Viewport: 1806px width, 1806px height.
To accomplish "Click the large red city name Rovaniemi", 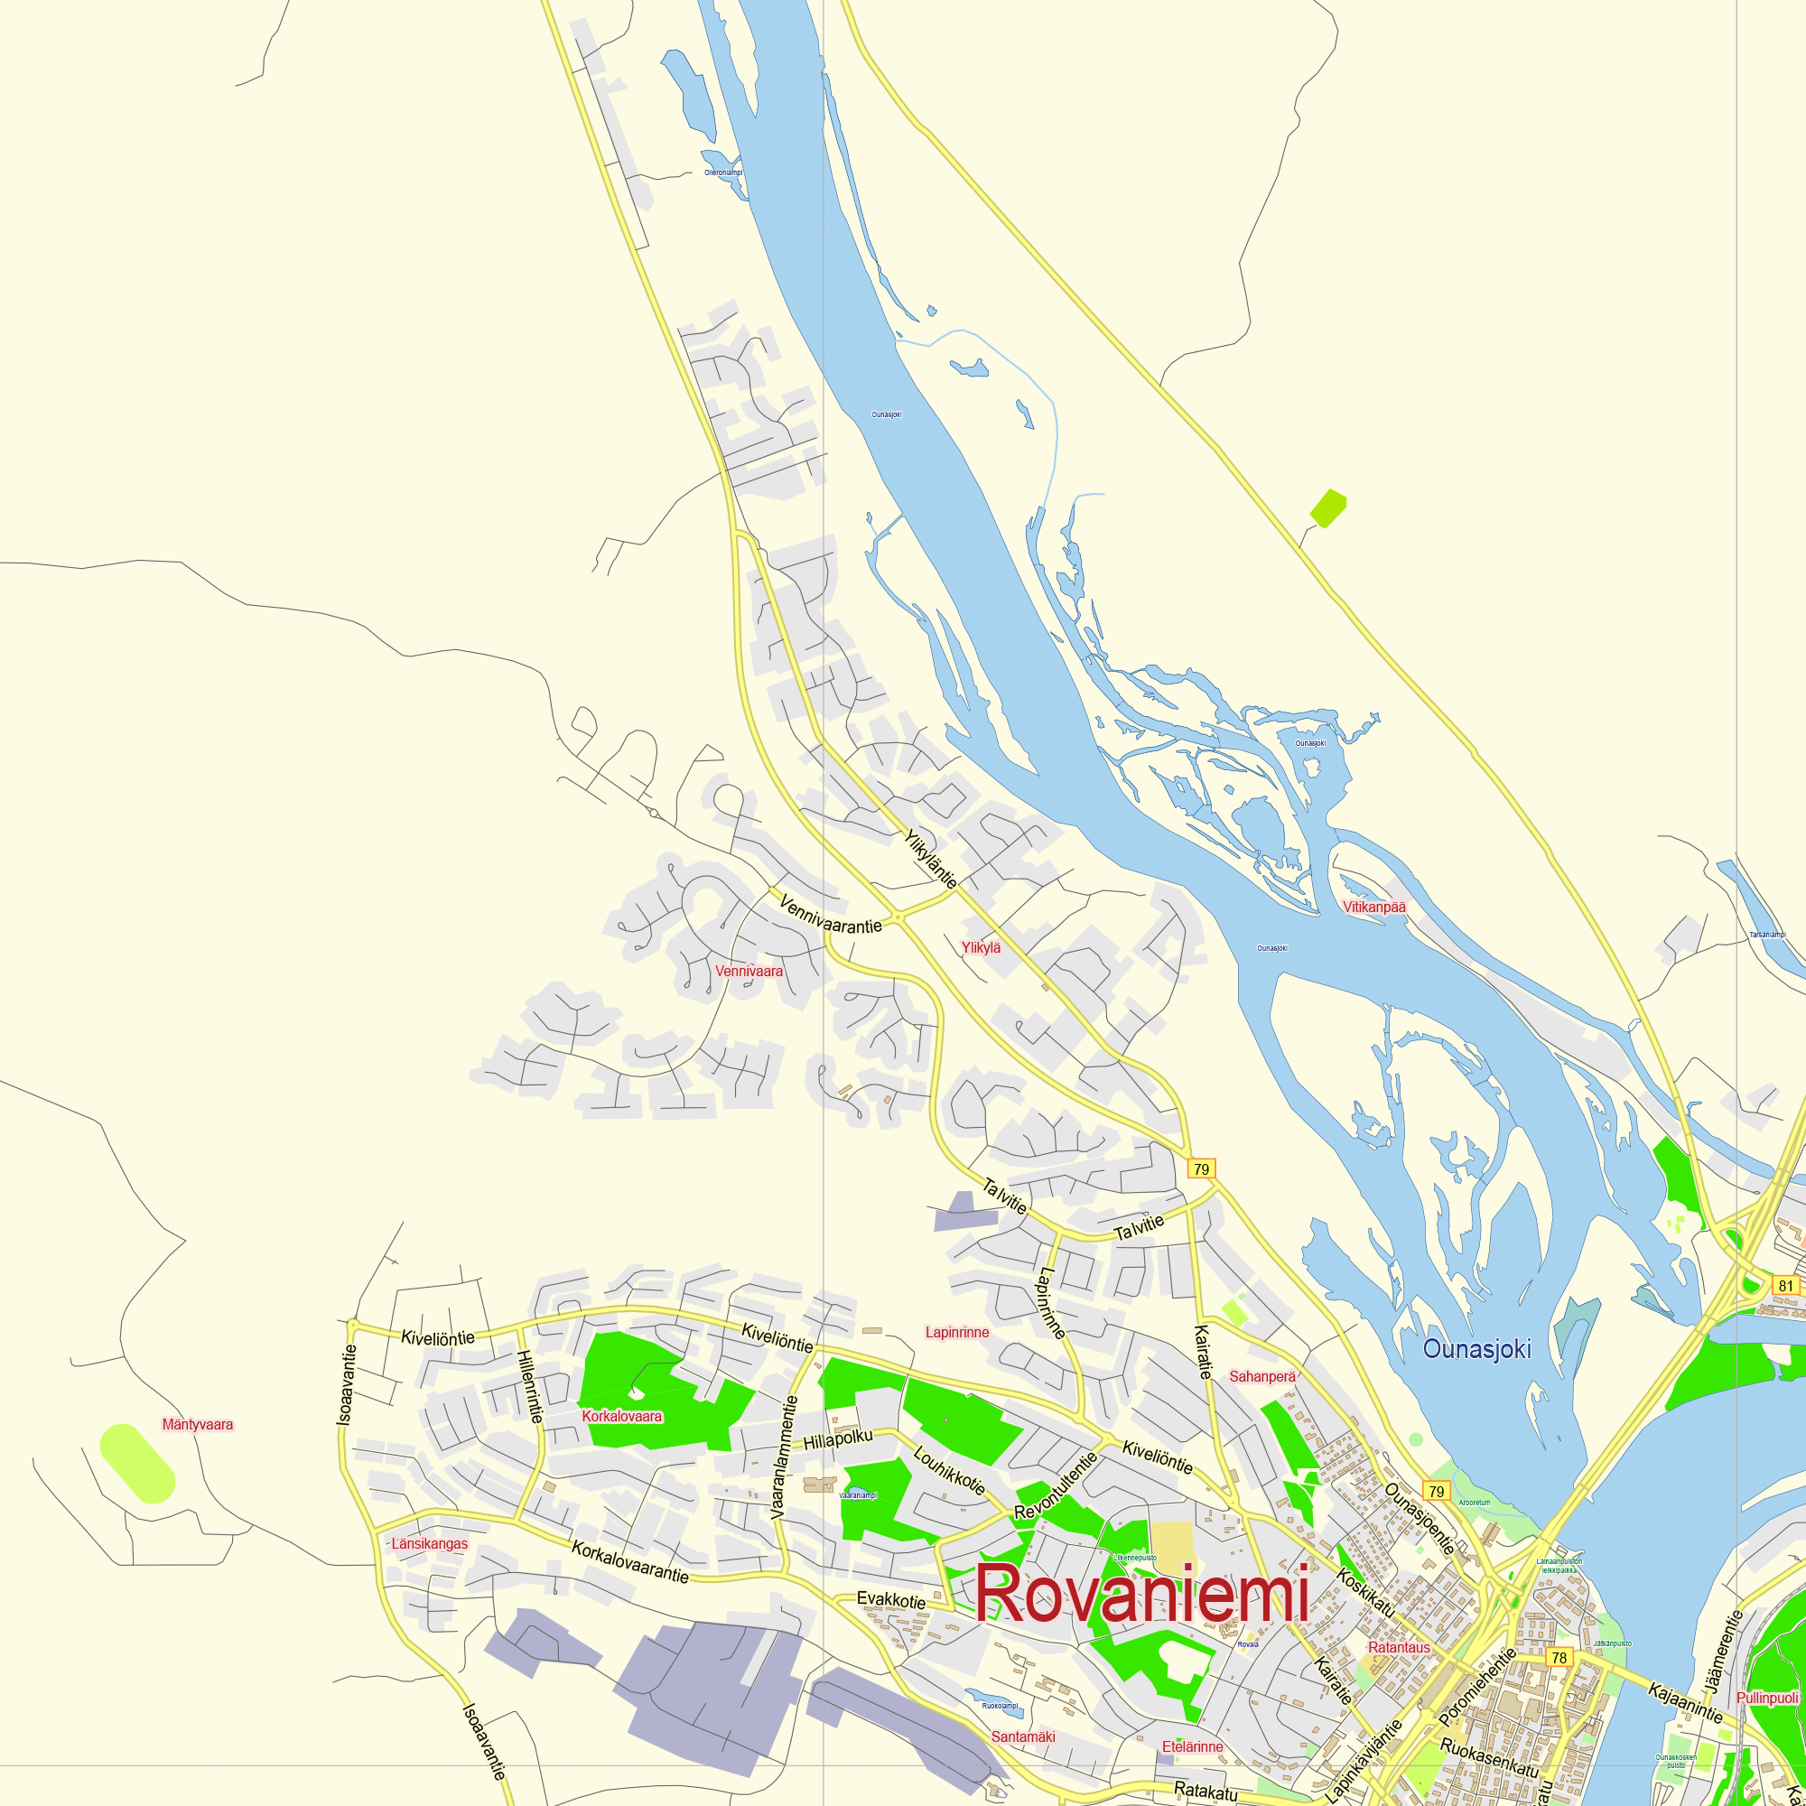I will coord(1141,1594).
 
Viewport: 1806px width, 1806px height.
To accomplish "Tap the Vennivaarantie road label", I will coord(830,915).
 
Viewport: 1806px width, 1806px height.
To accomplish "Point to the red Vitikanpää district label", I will coord(1374,907).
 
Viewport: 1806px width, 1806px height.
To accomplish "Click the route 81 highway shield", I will coord(1786,1286).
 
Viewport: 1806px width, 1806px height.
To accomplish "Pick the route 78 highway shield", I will coord(1559,1658).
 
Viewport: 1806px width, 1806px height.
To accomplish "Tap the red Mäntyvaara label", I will coord(197,1425).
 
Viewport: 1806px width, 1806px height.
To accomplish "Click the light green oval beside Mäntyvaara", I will coord(136,1463).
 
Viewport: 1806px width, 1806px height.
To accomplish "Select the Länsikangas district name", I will coord(429,1543).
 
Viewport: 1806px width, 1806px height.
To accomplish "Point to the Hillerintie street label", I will coord(529,1386).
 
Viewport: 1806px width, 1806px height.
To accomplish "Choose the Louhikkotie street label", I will coord(949,1471).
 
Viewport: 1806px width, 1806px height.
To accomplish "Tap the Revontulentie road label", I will coord(1056,1485).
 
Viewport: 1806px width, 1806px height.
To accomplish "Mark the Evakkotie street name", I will coord(891,1600).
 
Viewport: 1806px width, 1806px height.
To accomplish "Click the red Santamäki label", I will coord(1023,1736).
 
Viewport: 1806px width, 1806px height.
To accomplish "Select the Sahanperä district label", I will coord(1262,1376).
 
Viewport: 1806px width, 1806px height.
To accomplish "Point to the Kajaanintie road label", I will coord(1685,1702).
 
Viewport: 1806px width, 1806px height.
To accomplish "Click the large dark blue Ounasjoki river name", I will coord(1477,1349).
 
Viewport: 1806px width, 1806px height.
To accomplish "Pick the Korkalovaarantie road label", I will coord(630,1562).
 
